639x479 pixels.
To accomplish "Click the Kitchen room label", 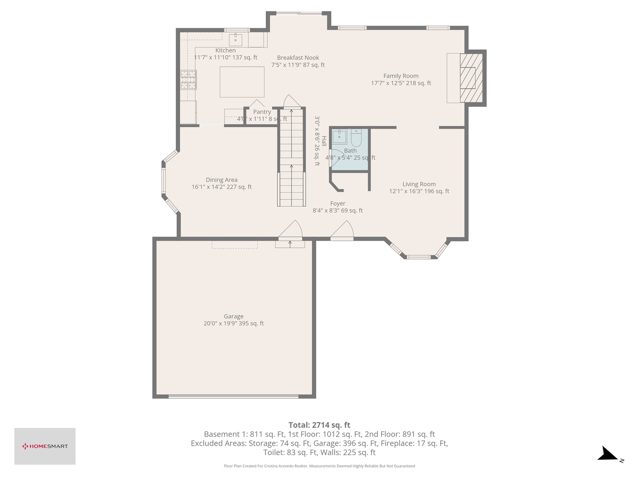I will pyautogui.click(x=225, y=51).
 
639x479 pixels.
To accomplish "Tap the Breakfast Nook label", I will pyautogui.click(x=298, y=58).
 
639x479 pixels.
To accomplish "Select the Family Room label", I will pyautogui.click(x=401, y=76).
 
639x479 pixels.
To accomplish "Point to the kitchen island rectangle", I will pyautogui.click(x=242, y=82).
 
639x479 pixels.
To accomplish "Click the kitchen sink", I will pyautogui.click(x=235, y=40).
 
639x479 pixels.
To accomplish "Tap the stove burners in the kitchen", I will pyautogui.click(x=188, y=80).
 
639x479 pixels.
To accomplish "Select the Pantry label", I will pyautogui.click(x=262, y=112).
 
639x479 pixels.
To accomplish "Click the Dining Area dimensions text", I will pyautogui.click(x=221, y=187).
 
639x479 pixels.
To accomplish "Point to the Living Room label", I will pyautogui.click(x=419, y=184).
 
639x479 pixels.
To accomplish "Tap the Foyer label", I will pyautogui.click(x=338, y=204).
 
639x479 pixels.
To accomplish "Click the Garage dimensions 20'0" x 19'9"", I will pyautogui.click(x=233, y=324).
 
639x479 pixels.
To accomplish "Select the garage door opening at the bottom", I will pyautogui.click(x=233, y=396).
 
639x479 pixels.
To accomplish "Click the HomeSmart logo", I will pyautogui.click(x=45, y=446).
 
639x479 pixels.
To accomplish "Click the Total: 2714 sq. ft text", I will pyautogui.click(x=319, y=425).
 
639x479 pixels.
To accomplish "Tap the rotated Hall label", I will pyautogui.click(x=324, y=141).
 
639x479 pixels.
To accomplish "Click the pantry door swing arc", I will pyautogui.click(x=257, y=103).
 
